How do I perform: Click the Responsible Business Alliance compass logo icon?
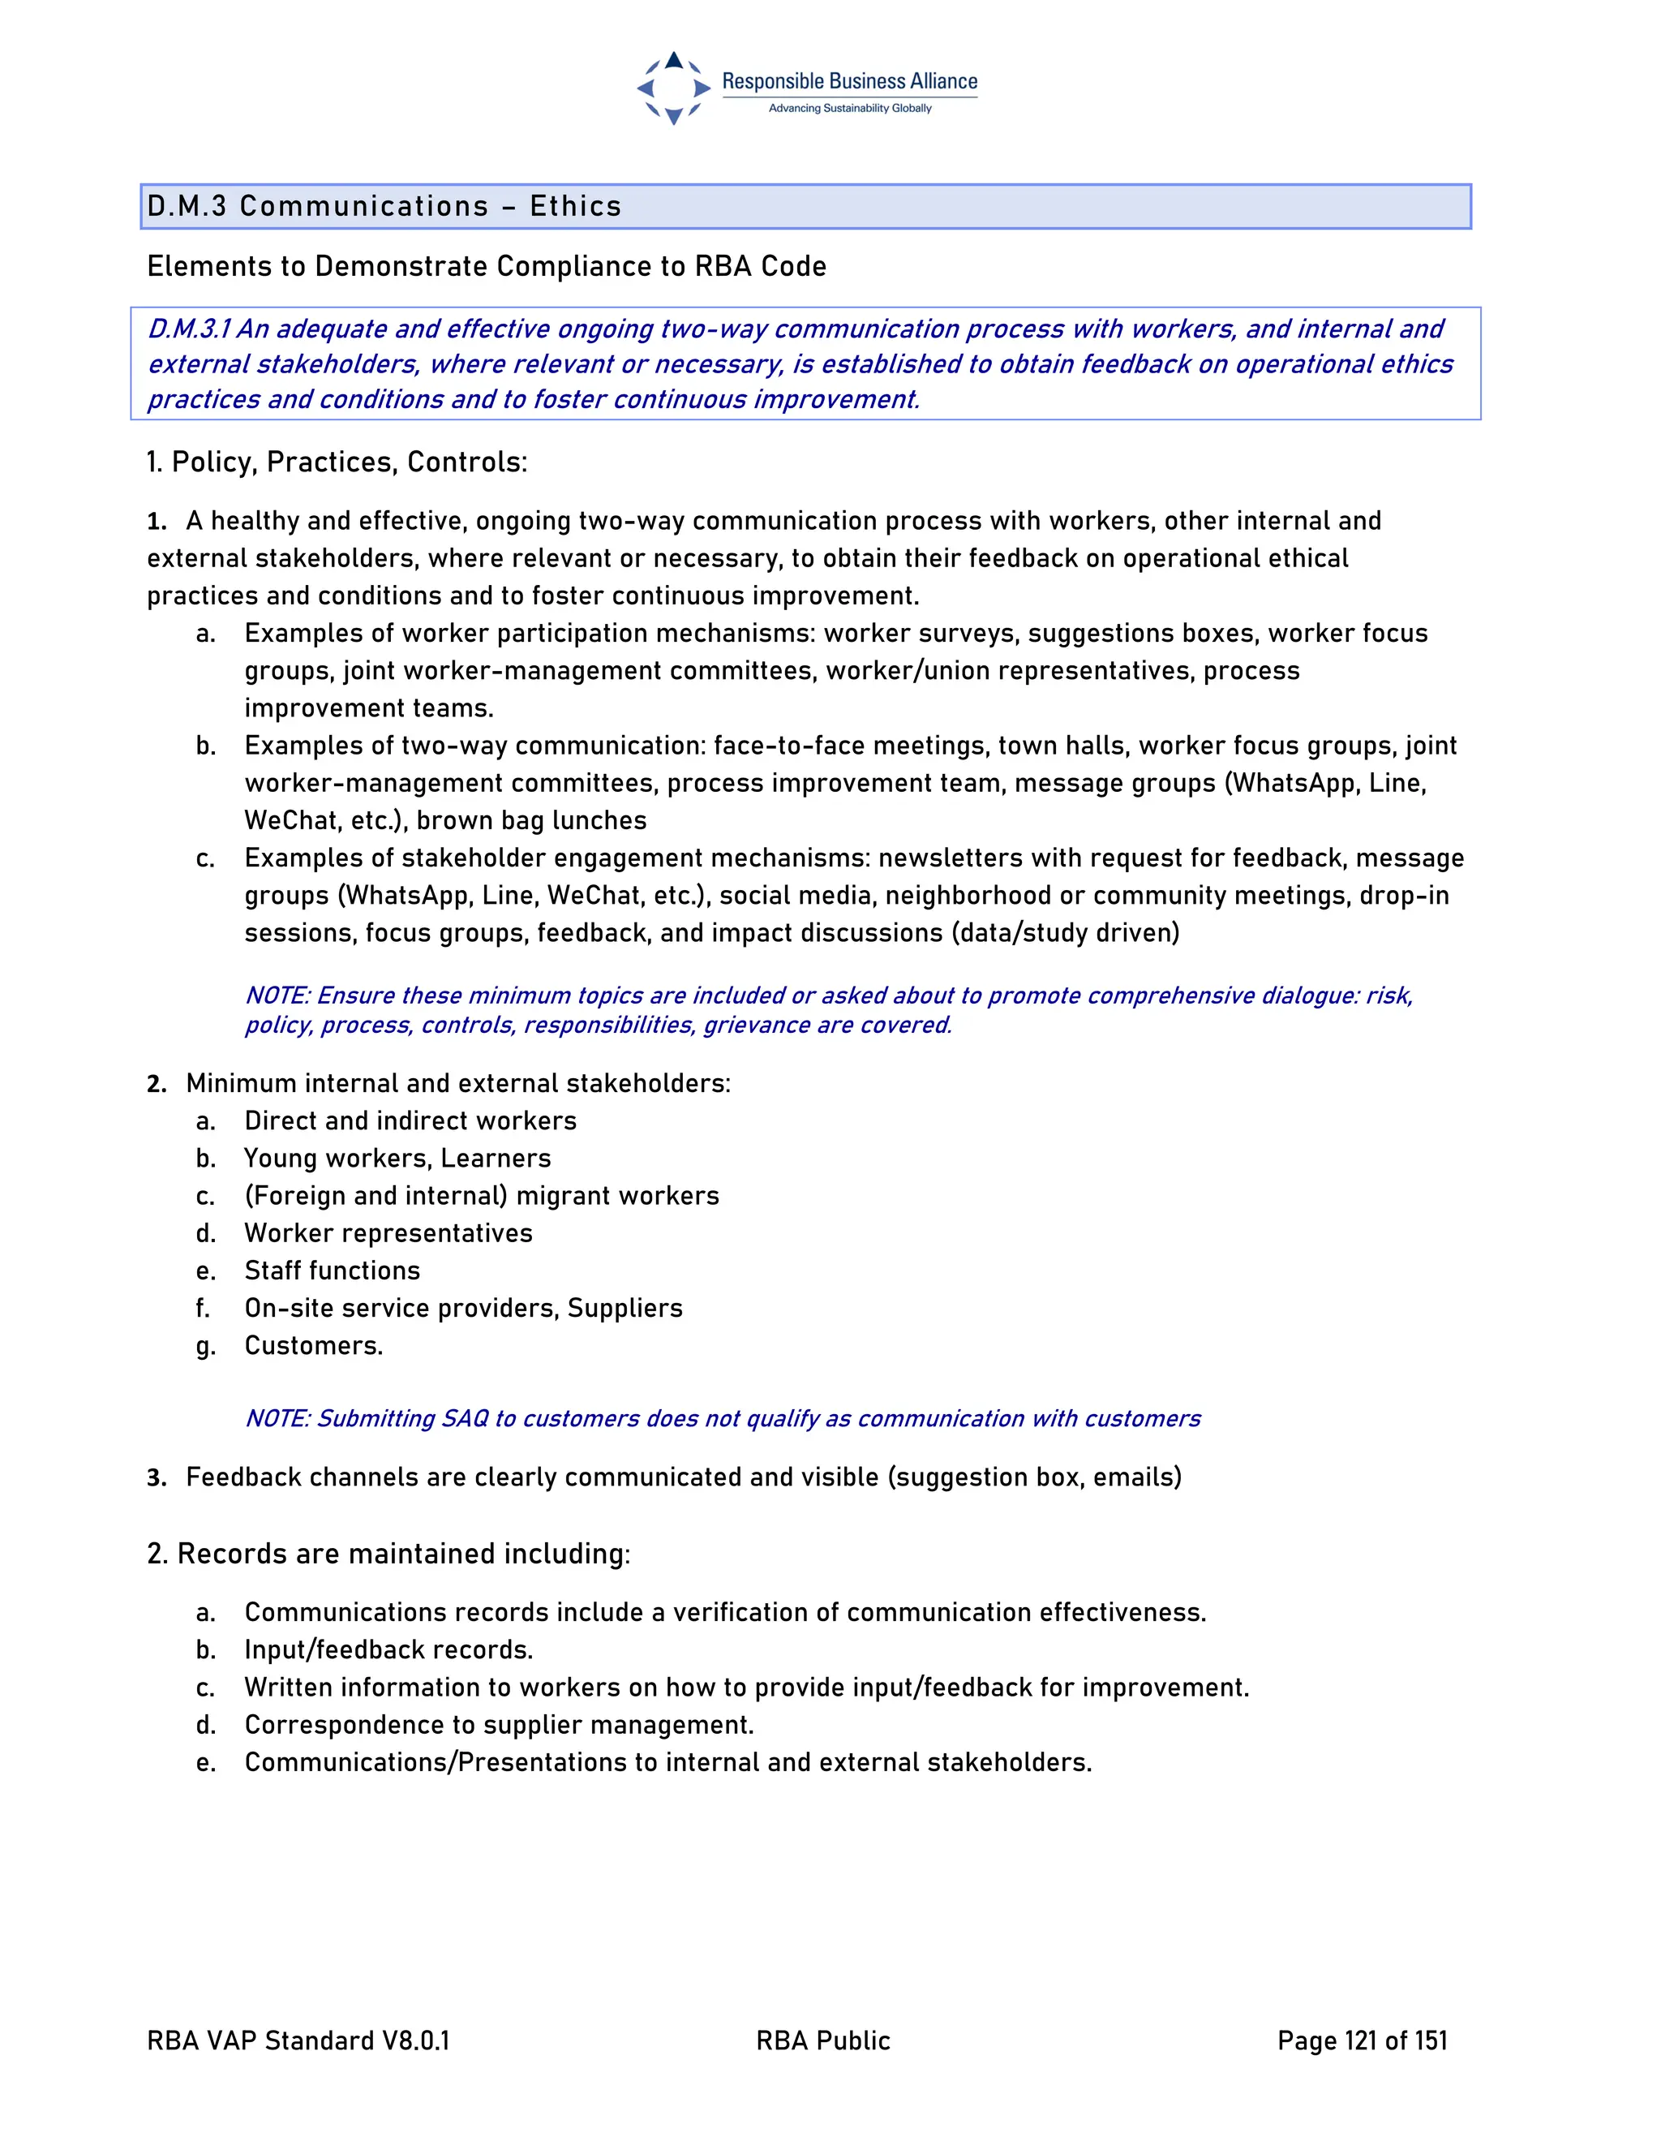(x=673, y=88)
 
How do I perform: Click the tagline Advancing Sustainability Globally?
(x=849, y=108)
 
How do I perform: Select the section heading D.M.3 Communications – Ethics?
(x=384, y=206)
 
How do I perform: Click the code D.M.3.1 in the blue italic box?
(x=189, y=329)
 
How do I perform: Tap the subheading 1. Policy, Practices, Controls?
(x=337, y=462)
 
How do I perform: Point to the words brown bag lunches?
(x=531, y=820)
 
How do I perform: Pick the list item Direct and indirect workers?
(x=410, y=1120)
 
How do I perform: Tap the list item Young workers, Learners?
(x=397, y=1158)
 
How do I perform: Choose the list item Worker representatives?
(x=388, y=1232)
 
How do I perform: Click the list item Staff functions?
(x=332, y=1270)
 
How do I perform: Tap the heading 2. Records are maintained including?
(x=388, y=1554)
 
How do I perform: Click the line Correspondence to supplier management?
(x=499, y=1725)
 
